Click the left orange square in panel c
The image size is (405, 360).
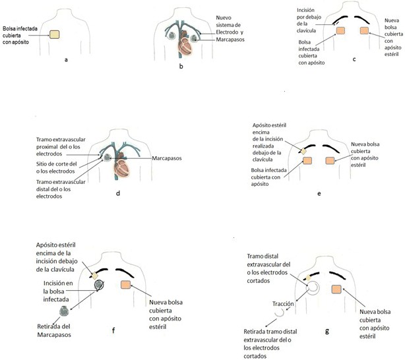coord(341,31)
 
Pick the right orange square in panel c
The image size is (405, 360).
coord(365,31)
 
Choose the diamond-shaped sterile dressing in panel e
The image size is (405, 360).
coord(303,151)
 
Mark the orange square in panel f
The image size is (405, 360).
coord(126,285)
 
